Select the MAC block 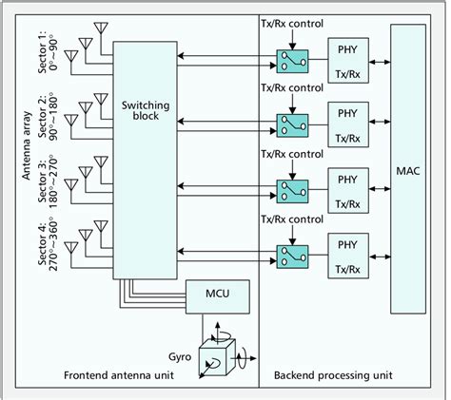[408, 171]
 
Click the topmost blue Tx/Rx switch [289, 63]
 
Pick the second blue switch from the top [289, 125]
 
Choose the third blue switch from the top [289, 189]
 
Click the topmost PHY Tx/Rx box [346, 61]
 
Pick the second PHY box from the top [346, 124]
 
